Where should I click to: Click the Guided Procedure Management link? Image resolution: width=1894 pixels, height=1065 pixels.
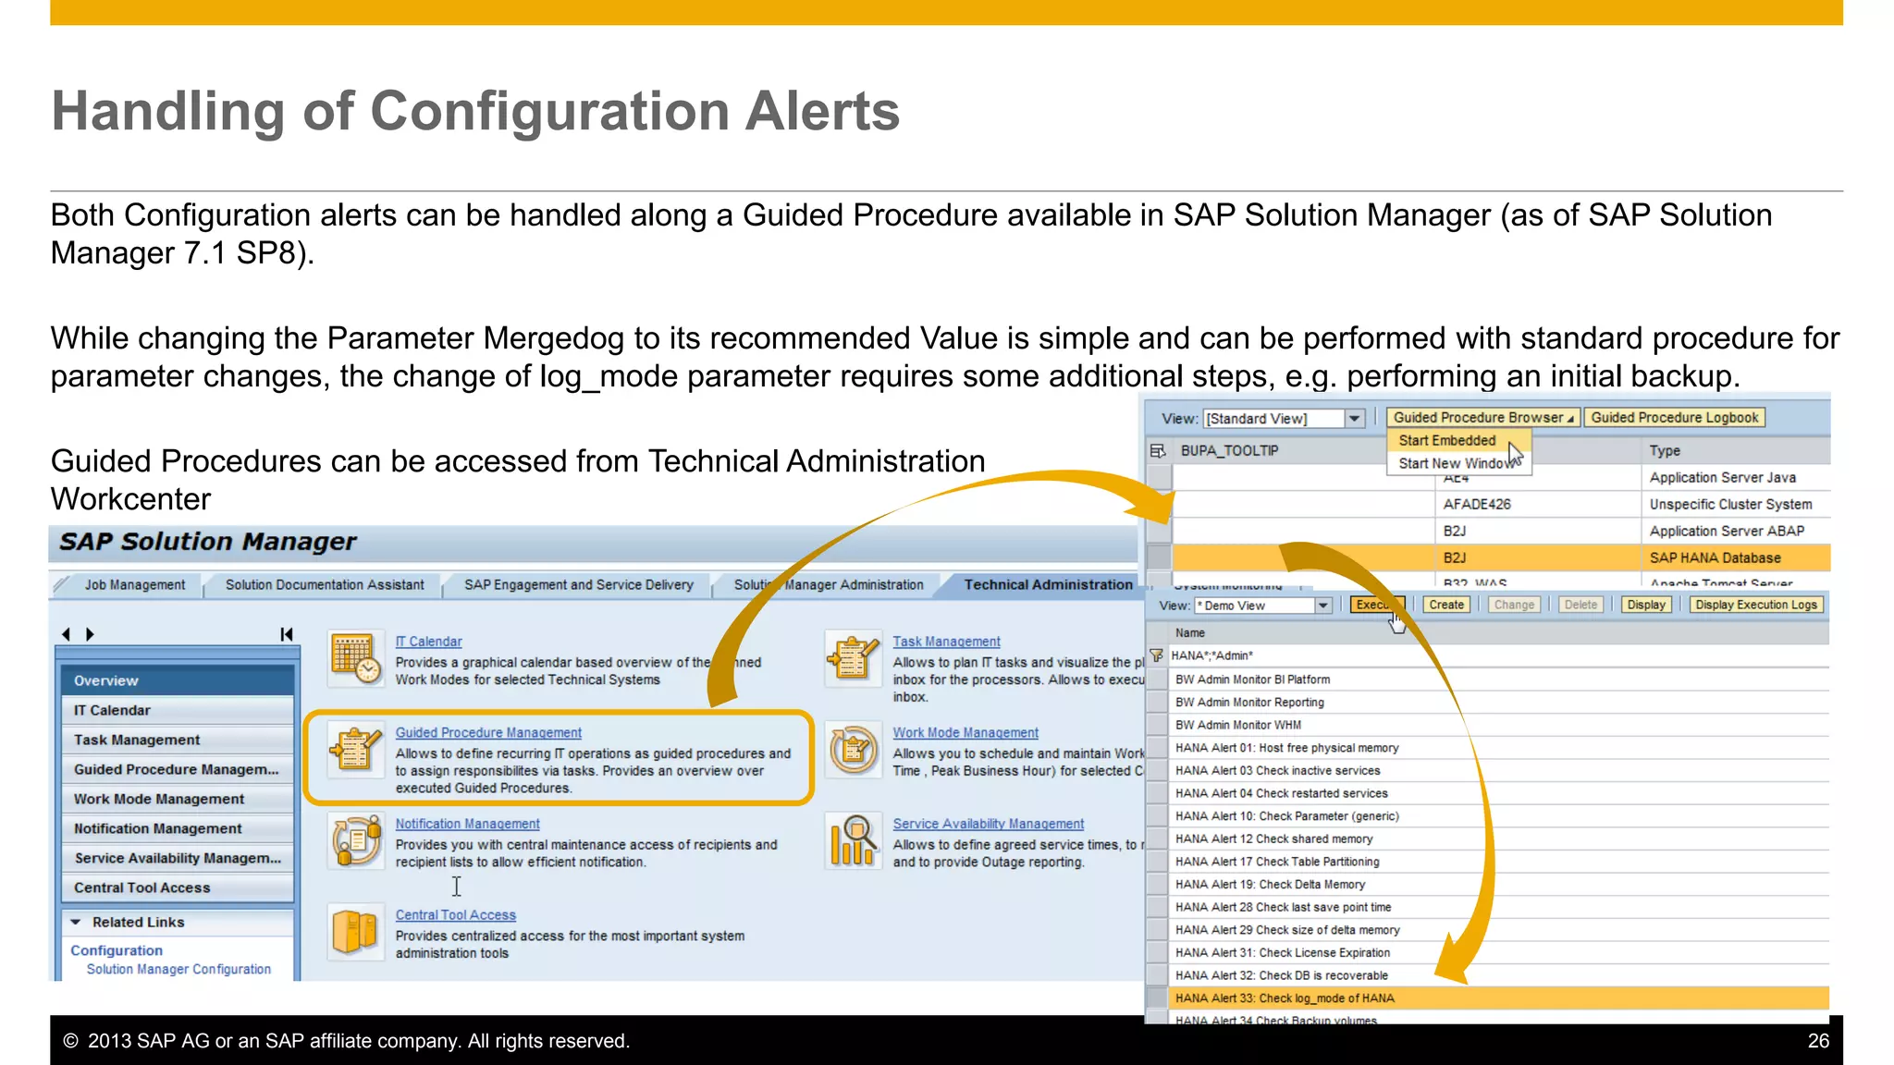[488, 732]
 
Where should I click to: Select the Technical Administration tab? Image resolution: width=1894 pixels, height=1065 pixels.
[1048, 584]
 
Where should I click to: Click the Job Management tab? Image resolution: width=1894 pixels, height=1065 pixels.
[135, 585]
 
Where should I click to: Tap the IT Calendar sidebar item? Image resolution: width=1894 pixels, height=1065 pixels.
[113, 710]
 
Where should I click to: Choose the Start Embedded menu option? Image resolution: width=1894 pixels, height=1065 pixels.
[1446, 441]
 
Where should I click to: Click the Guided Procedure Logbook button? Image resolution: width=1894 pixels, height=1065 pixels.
[1674, 418]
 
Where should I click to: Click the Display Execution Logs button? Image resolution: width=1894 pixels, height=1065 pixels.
[1755, 605]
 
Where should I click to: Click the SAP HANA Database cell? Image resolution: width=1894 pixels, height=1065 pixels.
[1715, 557]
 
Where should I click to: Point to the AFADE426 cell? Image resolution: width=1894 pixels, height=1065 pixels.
[1477, 504]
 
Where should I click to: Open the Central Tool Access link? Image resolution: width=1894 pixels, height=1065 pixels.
[455, 915]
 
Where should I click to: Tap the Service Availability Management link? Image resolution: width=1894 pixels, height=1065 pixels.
[988, 824]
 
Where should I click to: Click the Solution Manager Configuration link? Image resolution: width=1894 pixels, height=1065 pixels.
[178, 969]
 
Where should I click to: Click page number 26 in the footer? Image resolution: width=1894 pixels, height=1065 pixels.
[1817, 1041]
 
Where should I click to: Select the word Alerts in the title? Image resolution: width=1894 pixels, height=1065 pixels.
[822, 111]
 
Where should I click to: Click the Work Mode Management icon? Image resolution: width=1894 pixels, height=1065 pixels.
[853, 749]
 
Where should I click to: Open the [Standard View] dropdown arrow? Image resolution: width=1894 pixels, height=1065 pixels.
[1355, 419]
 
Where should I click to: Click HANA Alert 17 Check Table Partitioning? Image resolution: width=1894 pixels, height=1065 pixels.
[1277, 862]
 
